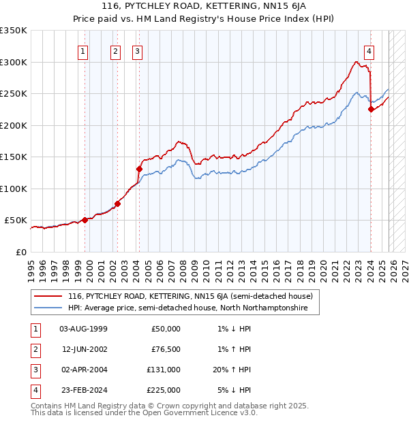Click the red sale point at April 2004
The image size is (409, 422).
tap(139, 169)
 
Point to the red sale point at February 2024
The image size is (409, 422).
tap(371, 109)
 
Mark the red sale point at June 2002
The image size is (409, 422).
tap(118, 203)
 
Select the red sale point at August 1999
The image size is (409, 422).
tap(85, 220)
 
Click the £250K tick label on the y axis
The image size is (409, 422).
tap(14, 94)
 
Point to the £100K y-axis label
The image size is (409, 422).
tap(14, 189)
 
